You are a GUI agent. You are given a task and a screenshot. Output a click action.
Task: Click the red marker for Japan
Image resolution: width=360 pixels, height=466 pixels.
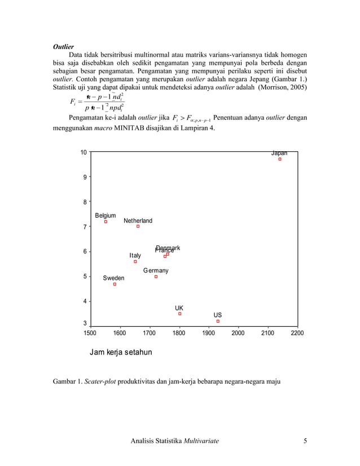(x=279, y=159)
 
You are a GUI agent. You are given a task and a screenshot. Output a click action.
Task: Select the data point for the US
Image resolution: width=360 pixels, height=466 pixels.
(x=218, y=321)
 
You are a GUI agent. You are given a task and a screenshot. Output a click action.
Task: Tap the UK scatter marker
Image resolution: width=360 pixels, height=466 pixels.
(x=179, y=314)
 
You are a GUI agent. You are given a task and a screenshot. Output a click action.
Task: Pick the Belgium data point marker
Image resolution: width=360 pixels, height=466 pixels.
(x=106, y=222)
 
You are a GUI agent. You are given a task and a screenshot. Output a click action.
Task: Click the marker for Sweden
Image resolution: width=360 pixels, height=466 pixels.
(x=115, y=284)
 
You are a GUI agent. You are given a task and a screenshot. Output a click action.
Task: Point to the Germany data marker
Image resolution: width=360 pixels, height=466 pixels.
(x=156, y=276)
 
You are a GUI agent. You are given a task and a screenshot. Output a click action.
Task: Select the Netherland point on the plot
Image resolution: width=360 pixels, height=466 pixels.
(x=138, y=226)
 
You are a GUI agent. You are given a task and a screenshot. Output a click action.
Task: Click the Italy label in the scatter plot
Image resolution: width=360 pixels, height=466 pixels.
(x=135, y=256)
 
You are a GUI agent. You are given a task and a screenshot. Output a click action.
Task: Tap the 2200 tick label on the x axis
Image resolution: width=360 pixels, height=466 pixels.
(x=297, y=333)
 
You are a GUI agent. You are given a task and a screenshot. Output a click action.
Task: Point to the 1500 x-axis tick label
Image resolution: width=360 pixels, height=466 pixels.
(x=90, y=333)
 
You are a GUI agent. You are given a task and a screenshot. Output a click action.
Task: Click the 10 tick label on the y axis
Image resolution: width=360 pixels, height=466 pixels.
(x=84, y=152)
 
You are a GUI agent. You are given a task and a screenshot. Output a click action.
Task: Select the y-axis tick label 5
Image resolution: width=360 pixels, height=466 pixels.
(x=85, y=276)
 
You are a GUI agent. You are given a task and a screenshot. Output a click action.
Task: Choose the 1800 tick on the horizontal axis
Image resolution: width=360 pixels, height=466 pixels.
(x=179, y=333)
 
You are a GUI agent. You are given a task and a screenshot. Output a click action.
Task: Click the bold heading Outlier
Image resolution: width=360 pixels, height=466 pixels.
(x=64, y=46)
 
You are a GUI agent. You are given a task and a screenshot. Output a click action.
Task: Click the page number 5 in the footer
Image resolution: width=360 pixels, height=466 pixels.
(x=305, y=441)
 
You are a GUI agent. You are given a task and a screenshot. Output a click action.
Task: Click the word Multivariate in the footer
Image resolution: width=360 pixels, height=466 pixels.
(x=201, y=441)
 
